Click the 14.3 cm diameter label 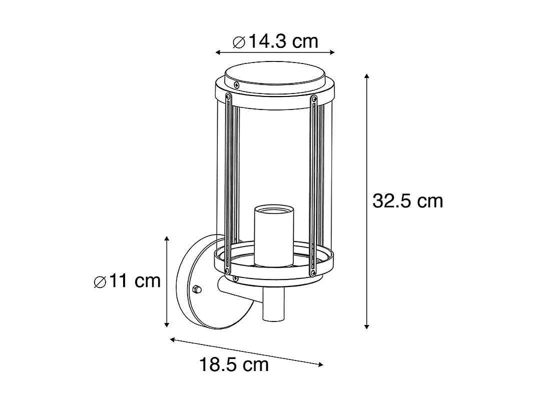[x=276, y=41]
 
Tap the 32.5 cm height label [x=407, y=200]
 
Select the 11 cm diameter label [x=128, y=281]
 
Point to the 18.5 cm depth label [x=234, y=364]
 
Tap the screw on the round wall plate [x=197, y=289]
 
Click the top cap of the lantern [x=274, y=76]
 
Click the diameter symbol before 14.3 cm [x=239, y=42]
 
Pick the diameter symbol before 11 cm [x=100, y=282]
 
